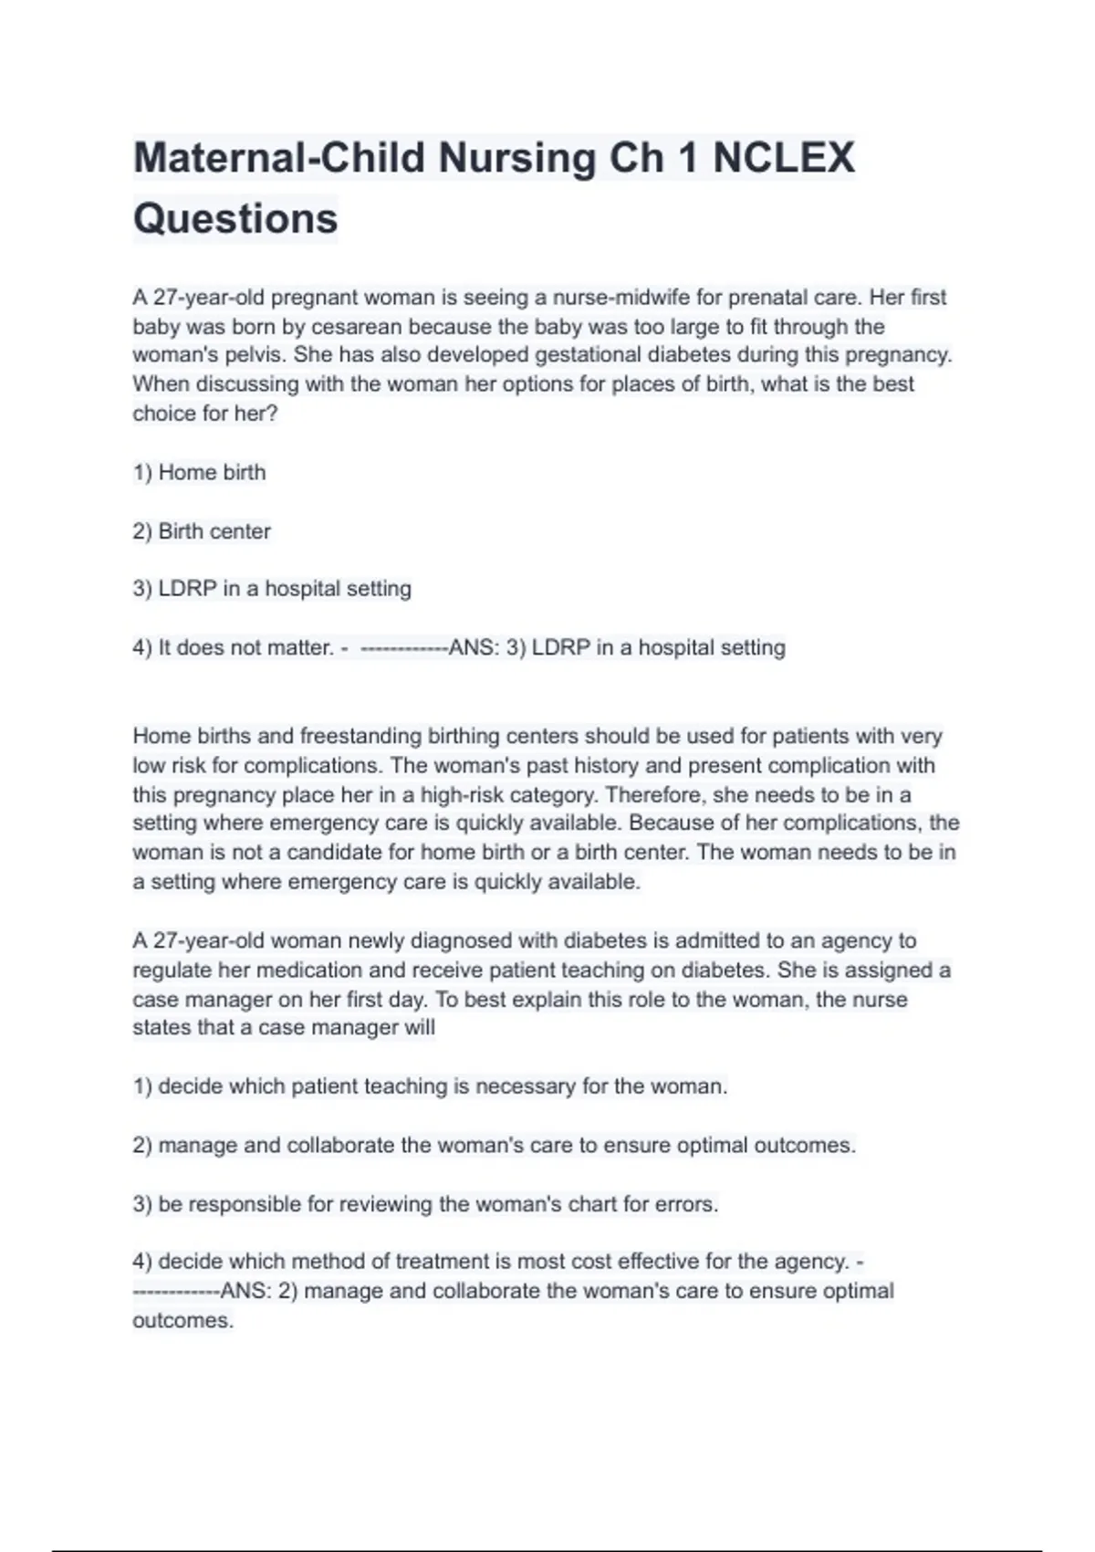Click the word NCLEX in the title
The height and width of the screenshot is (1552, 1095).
tap(784, 158)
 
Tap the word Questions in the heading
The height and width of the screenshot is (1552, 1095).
tap(235, 219)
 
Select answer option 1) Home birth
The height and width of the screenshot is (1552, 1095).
tap(200, 473)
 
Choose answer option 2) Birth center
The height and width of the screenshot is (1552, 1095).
tap(202, 531)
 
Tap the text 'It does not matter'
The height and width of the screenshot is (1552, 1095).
tap(245, 648)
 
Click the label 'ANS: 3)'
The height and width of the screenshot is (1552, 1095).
tap(486, 648)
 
